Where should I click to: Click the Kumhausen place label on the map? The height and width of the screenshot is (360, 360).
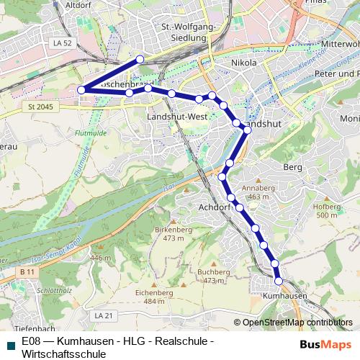pos(285,296)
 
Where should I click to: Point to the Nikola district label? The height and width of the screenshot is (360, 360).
pos(243,63)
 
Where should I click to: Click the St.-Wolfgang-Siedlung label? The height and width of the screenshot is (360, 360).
pos(189,33)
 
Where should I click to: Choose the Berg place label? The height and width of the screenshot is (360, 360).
pos(293,167)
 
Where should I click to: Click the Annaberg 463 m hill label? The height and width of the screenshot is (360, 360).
pos(258,192)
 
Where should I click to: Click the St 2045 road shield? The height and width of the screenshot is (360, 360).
pos(42,107)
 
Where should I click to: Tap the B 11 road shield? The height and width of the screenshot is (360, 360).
pos(27,271)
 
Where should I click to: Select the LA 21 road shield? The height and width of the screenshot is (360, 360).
pos(104,315)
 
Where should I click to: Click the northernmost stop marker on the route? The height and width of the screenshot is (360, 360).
pos(140,59)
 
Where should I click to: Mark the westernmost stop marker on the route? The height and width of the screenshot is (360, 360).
pos(81,90)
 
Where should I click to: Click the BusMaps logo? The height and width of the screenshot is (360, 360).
pos(326,344)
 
